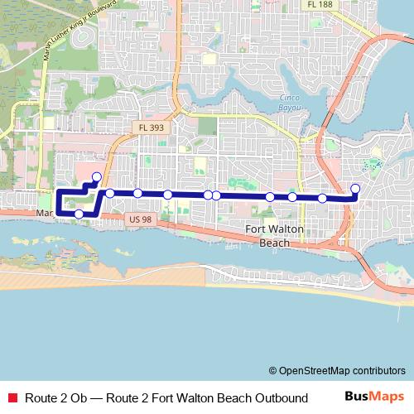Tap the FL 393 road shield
click(x=152, y=127)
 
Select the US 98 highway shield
click(x=142, y=219)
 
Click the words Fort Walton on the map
click(x=276, y=229)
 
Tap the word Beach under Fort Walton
click(x=275, y=243)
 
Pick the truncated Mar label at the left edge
click(x=45, y=214)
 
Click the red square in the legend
click(x=12, y=398)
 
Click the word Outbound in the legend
click(x=280, y=398)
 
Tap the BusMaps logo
click(x=375, y=397)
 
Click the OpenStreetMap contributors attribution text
click(x=342, y=370)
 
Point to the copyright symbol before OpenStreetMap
click(x=273, y=370)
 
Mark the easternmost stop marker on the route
click(x=356, y=188)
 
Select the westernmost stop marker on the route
click(x=79, y=214)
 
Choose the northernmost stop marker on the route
click(x=97, y=176)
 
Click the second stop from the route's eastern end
click(x=322, y=198)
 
